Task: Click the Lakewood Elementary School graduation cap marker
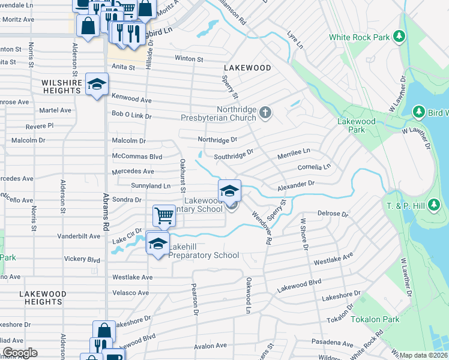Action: click(229, 191)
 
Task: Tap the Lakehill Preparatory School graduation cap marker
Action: click(158, 244)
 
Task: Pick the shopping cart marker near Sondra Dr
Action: click(164, 215)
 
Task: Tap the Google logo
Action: click(19, 353)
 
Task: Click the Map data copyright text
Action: click(424, 355)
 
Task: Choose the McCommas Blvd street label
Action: click(137, 157)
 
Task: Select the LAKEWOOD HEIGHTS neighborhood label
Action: click(43, 298)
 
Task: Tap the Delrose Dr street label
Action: click(333, 214)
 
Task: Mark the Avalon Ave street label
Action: click(209, 346)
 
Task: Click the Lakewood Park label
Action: click(356, 125)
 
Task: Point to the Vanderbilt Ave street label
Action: click(79, 236)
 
